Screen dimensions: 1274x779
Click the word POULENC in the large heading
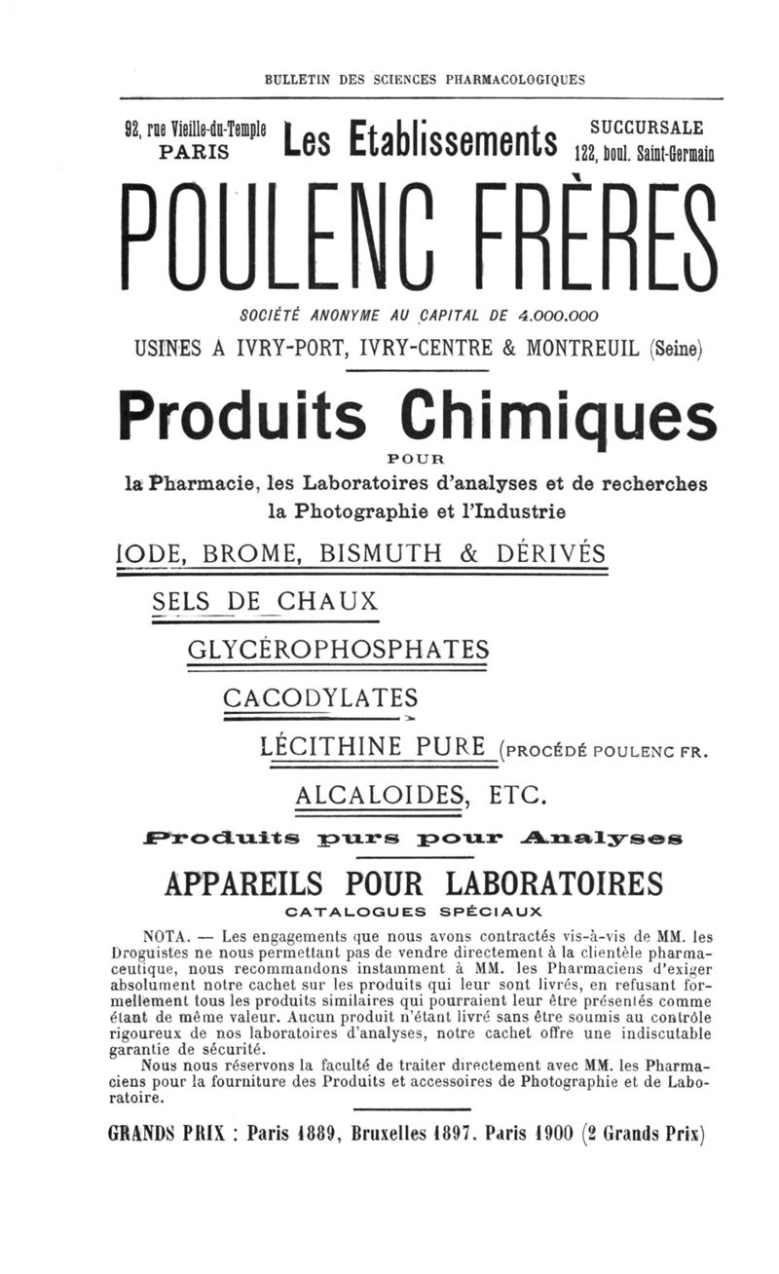click(x=293, y=240)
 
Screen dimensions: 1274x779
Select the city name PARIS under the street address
click(x=195, y=153)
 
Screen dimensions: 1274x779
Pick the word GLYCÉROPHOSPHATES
click(x=337, y=650)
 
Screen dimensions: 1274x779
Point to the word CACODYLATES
click(x=320, y=698)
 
